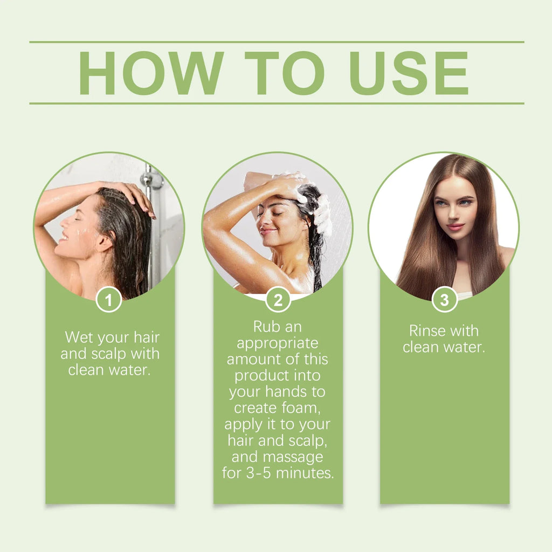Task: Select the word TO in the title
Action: [x=285, y=73]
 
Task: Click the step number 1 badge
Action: [x=109, y=300]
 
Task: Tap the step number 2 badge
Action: [x=278, y=300]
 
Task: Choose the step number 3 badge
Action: [x=445, y=300]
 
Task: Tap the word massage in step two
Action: [x=293, y=457]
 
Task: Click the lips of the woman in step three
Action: [x=455, y=226]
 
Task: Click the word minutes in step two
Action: [x=305, y=473]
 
